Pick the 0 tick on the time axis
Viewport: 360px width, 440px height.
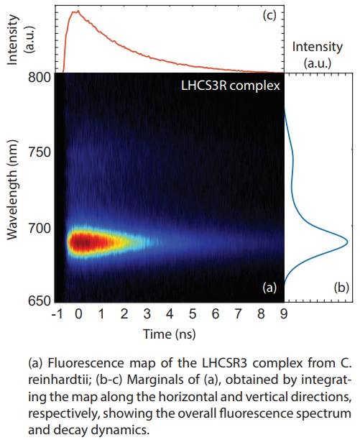pyautogui.click(x=79, y=315)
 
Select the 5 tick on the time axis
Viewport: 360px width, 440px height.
pyautogui.click(x=192, y=315)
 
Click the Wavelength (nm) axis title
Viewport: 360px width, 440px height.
pyautogui.click(x=13, y=190)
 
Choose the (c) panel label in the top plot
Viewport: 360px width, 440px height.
pyautogui.click(x=272, y=17)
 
